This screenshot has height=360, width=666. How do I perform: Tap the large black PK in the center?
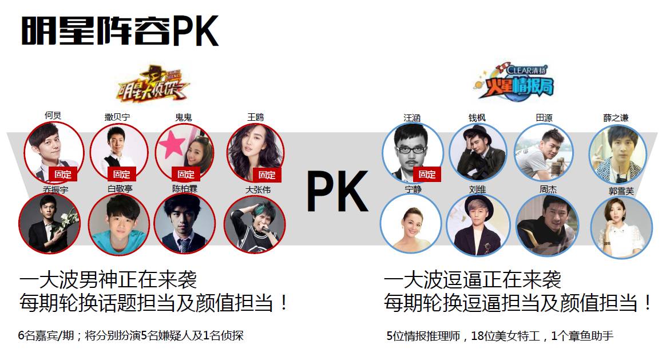[336, 191]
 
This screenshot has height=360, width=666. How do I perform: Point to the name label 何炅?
[53, 116]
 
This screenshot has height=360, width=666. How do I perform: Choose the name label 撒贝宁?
[117, 117]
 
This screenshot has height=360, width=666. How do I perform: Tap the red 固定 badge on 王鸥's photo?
[267, 175]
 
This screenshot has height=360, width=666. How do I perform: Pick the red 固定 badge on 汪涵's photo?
[427, 174]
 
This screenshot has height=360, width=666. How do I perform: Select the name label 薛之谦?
[615, 117]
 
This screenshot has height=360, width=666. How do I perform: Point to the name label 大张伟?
[257, 189]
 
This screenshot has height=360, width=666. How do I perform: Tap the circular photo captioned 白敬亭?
[119, 224]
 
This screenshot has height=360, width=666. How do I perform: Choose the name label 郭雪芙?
[621, 192]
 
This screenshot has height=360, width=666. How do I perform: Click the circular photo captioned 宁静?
[411, 224]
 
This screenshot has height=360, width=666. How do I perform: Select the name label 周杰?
[548, 189]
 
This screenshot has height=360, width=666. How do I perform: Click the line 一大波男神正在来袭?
[108, 280]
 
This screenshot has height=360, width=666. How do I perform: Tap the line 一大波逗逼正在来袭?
[473, 280]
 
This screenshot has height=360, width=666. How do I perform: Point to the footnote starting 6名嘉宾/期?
[131, 336]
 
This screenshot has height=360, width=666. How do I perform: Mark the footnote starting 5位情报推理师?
[499, 336]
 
